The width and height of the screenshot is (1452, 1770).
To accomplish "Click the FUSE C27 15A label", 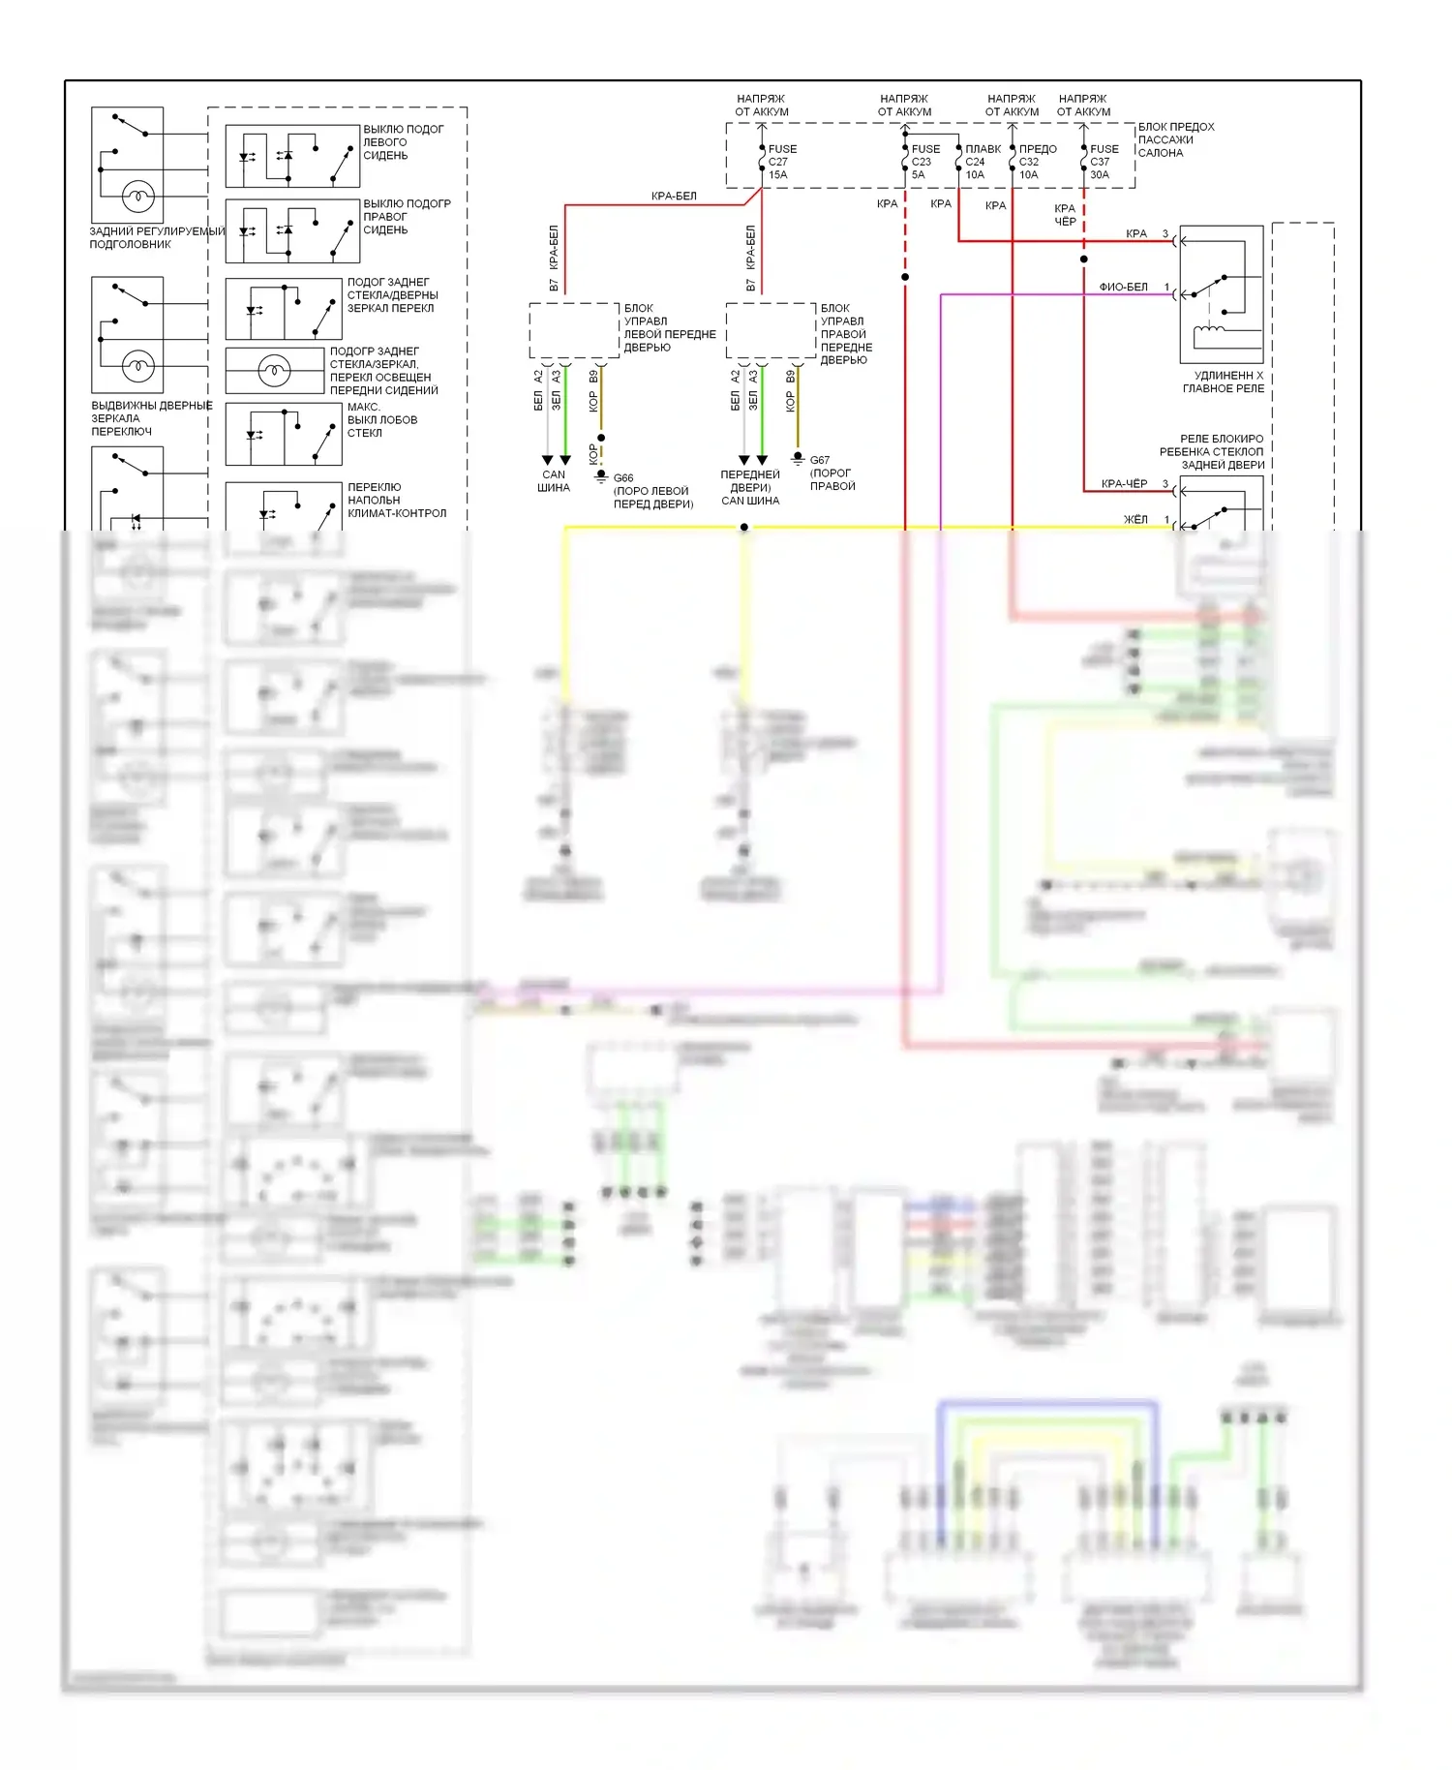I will tap(781, 162).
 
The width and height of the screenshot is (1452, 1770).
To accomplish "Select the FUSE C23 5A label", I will tap(924, 162).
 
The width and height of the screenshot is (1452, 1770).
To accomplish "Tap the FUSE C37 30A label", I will tap(1104, 162).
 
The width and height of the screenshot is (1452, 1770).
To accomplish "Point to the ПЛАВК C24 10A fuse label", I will tap(982, 162).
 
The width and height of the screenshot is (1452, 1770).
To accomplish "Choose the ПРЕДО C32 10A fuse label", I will tap(1037, 162).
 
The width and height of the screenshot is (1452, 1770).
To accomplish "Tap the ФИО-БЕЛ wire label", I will tap(1123, 287).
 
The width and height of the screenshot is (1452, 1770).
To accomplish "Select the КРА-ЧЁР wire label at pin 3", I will tap(1124, 483).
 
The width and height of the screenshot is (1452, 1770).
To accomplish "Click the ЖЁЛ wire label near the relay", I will tap(1135, 520).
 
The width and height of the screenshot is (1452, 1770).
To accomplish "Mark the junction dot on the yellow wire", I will tap(744, 527).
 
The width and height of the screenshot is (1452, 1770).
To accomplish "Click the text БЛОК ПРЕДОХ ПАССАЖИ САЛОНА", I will tap(1175, 139).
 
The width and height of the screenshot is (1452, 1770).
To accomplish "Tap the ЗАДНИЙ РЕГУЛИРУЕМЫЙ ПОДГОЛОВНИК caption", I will tap(155, 237).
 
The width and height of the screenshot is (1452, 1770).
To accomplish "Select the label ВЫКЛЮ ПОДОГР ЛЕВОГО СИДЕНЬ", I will tap(403, 142).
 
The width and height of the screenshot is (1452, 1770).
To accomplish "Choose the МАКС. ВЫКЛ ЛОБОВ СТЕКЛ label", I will tap(381, 420).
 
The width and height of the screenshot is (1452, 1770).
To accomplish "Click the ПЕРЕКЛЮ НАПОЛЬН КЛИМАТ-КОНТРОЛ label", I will tap(396, 500).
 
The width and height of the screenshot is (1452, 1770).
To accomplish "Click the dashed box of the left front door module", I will tap(574, 330).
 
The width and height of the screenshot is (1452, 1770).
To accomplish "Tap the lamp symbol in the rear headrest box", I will tap(137, 197).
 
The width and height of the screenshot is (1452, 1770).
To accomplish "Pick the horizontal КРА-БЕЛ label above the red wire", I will tap(674, 197).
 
